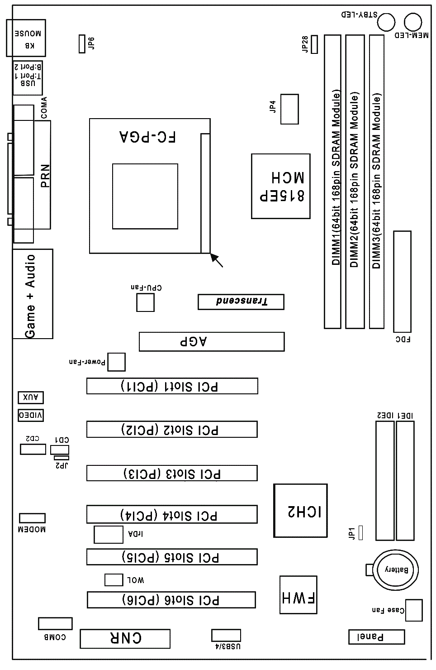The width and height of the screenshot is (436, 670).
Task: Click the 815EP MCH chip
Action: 281,186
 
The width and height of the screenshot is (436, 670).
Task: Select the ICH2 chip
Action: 300,511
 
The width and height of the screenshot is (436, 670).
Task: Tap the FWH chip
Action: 298,595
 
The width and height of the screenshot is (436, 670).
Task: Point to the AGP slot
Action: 211,342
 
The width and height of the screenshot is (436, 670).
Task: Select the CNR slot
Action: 125,638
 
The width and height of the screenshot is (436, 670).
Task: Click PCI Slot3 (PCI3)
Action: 172,473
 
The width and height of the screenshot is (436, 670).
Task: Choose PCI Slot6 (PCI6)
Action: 171,599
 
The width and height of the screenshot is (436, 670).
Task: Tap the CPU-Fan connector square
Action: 145,302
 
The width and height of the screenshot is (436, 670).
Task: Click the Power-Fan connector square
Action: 116,362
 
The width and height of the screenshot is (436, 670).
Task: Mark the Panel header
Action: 376,636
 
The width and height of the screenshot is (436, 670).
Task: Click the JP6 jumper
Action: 82,43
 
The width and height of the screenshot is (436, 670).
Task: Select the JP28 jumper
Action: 314,44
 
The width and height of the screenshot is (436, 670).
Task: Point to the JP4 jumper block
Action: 289,109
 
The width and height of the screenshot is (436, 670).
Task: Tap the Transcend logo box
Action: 241,302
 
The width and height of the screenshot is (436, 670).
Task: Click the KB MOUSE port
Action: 26,38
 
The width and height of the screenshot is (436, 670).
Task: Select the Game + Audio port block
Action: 33,294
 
